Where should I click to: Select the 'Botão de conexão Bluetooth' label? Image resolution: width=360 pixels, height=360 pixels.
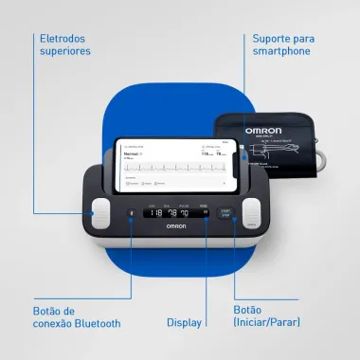77,315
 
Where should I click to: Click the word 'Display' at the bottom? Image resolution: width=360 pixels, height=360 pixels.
184,322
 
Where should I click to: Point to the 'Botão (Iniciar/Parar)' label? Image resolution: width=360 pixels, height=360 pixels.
268,315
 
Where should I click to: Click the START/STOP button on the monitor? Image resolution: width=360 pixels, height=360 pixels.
225,213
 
